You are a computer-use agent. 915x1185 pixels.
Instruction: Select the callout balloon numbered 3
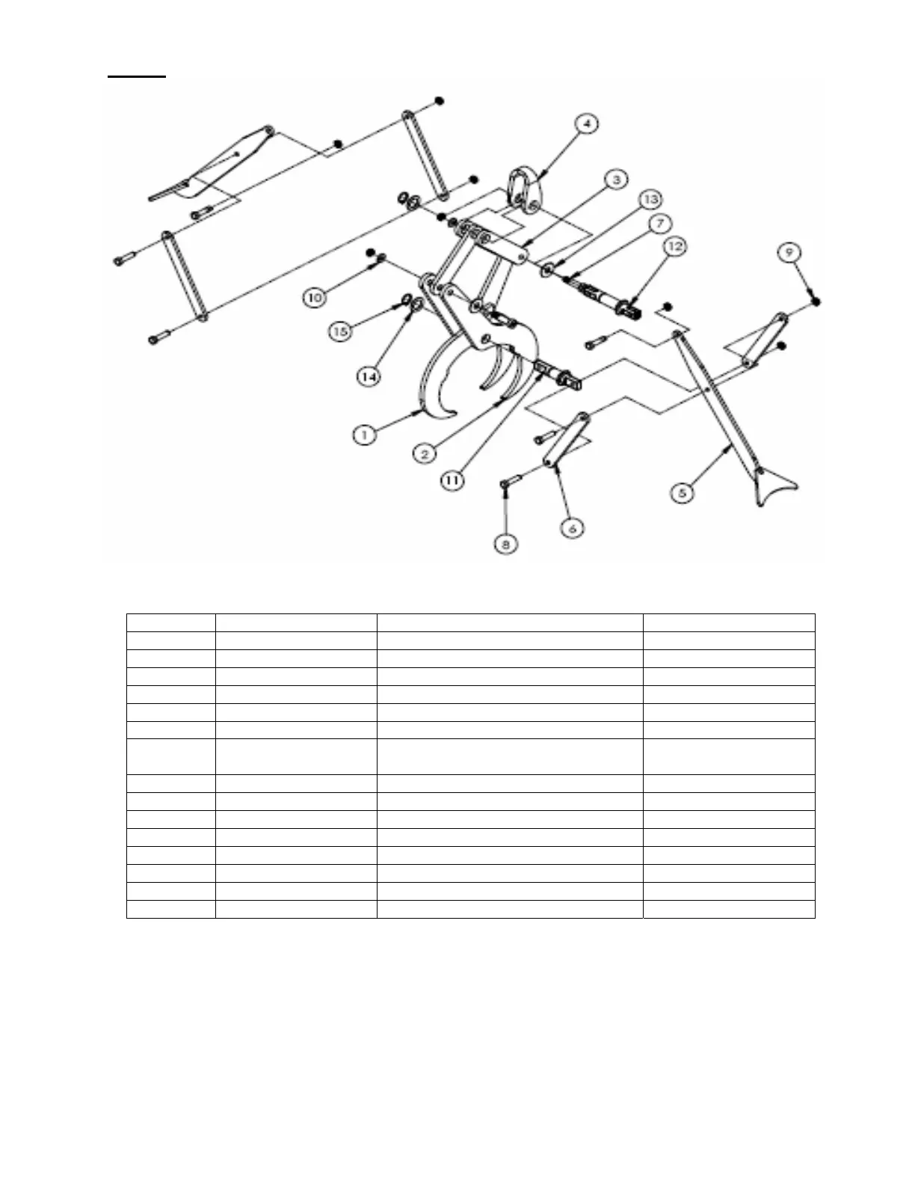coord(615,180)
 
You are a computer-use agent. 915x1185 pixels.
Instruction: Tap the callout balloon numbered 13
coord(651,199)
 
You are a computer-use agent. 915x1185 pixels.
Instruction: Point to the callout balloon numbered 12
coord(674,246)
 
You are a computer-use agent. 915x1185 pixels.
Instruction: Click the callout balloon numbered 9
coord(789,253)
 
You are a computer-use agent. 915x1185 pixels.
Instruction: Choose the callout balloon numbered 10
coord(315,298)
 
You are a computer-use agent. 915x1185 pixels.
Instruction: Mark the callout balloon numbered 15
coord(341,330)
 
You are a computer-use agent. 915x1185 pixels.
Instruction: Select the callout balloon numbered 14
coord(369,376)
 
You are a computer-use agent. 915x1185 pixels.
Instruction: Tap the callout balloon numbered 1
coord(364,434)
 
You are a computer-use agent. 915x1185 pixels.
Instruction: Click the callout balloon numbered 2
coord(424,453)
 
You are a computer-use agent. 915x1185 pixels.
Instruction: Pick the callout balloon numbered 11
coord(453,480)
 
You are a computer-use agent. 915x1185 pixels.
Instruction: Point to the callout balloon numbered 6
coord(572,528)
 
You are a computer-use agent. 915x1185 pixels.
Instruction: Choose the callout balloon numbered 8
coord(506,544)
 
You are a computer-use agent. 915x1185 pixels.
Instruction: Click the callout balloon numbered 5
coord(682,493)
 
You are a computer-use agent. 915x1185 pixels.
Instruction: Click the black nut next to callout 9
coord(816,301)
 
